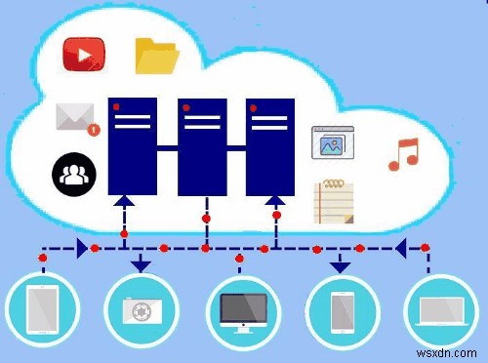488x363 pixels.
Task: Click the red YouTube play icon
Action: pos(83,55)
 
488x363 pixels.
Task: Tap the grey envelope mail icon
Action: pos(75,116)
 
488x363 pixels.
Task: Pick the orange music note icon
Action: pos(402,154)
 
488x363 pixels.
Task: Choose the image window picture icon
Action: pos(330,142)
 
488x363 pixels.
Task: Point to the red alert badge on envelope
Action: pos(93,128)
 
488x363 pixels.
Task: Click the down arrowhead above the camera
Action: pos(141,263)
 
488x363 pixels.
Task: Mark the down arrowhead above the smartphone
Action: pos(340,264)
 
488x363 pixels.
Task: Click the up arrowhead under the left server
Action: pos(125,202)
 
